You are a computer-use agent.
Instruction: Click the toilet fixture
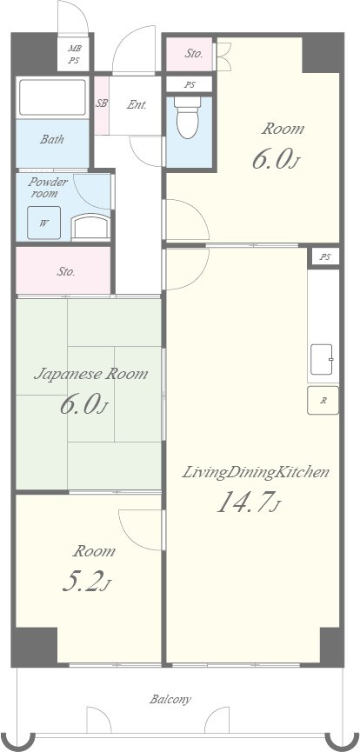(x=188, y=117)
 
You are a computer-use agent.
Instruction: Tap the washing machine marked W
(x=43, y=223)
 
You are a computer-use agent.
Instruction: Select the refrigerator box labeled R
(x=323, y=400)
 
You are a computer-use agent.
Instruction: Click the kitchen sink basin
(x=322, y=359)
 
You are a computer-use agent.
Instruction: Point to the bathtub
(x=52, y=97)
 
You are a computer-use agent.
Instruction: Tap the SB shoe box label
(x=102, y=103)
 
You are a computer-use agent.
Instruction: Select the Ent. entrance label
(x=137, y=105)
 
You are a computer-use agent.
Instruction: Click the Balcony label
(x=170, y=699)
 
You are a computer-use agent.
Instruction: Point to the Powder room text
(x=48, y=188)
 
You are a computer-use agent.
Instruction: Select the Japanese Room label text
(x=90, y=374)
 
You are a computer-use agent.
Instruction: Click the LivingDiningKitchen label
(x=256, y=472)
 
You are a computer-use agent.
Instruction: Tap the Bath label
(x=52, y=140)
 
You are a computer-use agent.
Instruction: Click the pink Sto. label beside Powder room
(x=66, y=272)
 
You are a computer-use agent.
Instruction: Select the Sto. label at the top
(x=194, y=53)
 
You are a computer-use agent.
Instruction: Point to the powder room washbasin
(x=90, y=226)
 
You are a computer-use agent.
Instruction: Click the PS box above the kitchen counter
(x=325, y=256)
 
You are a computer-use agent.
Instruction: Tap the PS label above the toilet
(x=190, y=85)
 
